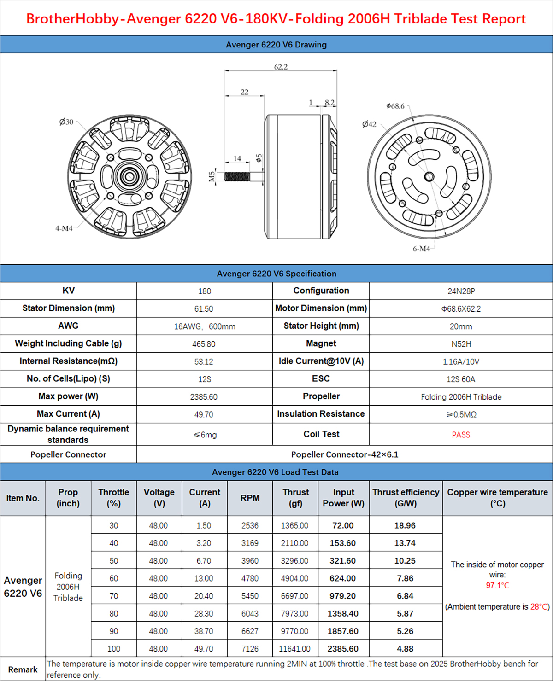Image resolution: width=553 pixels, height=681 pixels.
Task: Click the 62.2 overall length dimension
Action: coord(281,67)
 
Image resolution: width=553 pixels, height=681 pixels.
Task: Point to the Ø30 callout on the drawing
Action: coord(66,122)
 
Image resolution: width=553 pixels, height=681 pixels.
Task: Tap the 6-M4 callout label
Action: coord(421,249)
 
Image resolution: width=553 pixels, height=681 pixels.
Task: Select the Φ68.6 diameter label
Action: coord(395,106)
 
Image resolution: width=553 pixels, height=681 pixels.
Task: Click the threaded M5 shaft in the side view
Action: coord(237,176)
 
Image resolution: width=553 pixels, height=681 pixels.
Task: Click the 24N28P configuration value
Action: coord(461,291)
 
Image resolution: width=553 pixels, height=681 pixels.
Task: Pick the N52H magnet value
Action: coord(461,344)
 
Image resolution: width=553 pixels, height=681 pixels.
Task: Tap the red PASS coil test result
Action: coord(461,435)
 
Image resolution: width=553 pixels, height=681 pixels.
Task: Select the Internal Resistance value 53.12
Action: coord(204,361)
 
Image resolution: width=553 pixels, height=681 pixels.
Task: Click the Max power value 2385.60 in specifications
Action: coord(204,397)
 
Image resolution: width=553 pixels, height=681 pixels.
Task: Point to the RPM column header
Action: coord(250,498)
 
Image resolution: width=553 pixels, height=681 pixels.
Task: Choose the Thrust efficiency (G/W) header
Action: coord(406,498)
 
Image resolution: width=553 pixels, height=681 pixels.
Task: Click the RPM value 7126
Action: coord(250,649)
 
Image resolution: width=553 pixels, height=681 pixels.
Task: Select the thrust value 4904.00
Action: coord(294,578)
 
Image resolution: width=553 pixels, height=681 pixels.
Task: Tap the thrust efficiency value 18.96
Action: coord(405,525)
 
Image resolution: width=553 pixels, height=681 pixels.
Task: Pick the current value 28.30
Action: coord(204,614)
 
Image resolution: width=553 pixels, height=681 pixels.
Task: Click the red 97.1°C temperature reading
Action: coord(497,585)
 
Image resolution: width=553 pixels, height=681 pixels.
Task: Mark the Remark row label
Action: coord(23,669)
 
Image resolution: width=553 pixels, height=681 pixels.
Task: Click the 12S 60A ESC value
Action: coord(461,379)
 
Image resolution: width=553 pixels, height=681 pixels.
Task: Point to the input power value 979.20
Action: coord(342,596)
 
